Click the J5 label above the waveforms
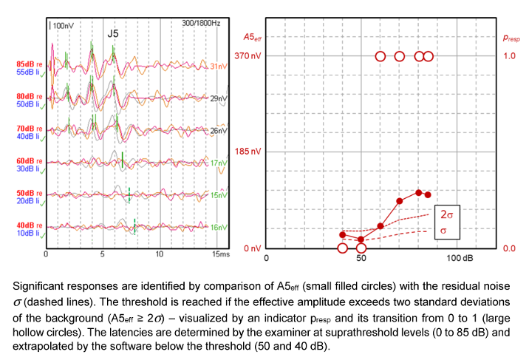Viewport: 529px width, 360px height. coord(112,33)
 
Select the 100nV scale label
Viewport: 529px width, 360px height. coord(63,26)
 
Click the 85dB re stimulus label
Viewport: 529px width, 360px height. coord(30,64)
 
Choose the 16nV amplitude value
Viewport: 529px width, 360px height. coord(219,227)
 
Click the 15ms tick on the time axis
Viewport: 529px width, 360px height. coord(219,254)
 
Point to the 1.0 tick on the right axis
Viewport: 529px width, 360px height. coord(509,56)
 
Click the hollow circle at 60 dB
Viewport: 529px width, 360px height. coord(380,56)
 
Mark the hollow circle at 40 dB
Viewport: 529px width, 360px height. coord(343,248)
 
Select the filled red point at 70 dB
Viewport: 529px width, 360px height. coord(400,201)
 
